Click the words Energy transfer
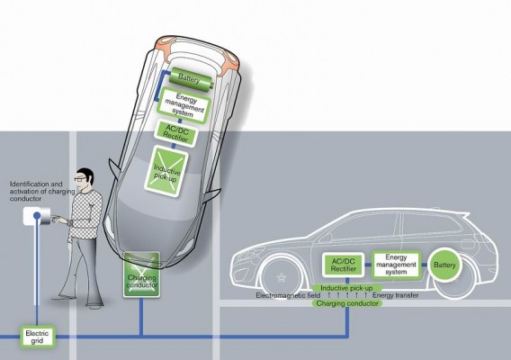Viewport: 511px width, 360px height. tap(396, 295)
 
